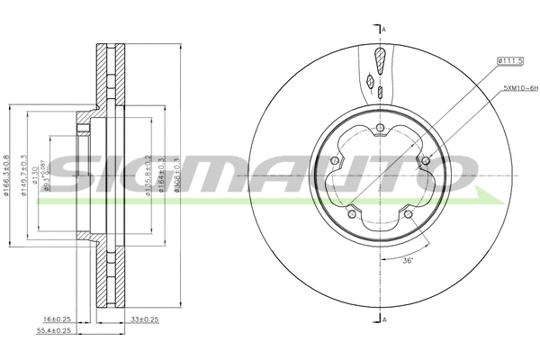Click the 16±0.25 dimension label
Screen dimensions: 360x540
(x=57, y=319)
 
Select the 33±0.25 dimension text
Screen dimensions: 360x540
(x=145, y=319)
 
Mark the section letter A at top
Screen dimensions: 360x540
(x=384, y=31)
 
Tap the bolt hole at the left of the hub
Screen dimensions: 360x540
(x=335, y=162)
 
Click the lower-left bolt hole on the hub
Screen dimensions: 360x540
(x=352, y=214)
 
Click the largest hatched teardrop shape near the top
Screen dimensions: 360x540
(x=382, y=59)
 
